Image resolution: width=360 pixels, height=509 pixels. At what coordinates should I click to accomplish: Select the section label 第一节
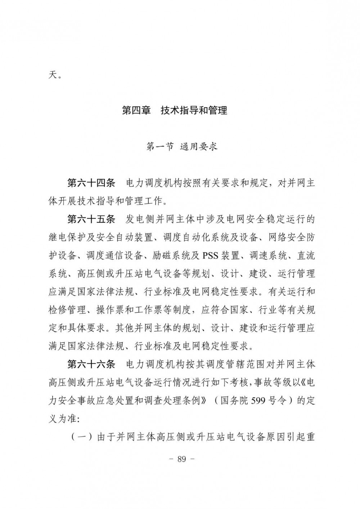tap(159, 147)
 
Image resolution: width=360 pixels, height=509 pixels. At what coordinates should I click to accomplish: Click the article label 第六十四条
tap(91, 183)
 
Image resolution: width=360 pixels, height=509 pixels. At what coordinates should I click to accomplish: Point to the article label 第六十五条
tap(91, 219)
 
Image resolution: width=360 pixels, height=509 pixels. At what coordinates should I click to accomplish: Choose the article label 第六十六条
tap(91, 364)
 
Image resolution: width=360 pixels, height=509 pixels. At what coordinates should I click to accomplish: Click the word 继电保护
tap(67, 237)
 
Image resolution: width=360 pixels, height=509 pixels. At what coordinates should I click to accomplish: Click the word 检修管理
tap(67, 310)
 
